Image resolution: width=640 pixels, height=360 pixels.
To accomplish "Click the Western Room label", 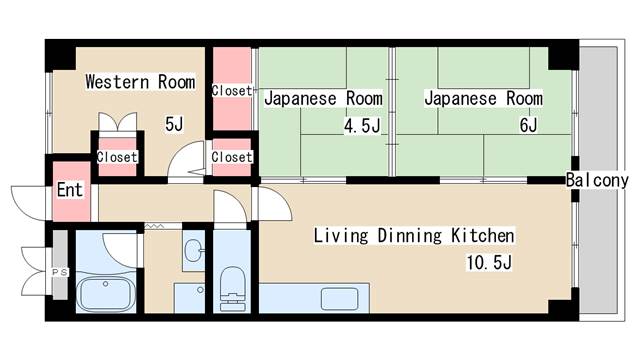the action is [140, 82].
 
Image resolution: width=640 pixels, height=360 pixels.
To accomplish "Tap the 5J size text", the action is [174, 124].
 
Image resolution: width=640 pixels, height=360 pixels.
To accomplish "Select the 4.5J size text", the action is [362, 126].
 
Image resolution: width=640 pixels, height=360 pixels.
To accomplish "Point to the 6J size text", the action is [529, 125].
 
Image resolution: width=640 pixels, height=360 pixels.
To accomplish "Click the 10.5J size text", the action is [489, 262].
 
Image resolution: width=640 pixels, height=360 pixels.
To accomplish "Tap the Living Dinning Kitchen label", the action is [414, 236].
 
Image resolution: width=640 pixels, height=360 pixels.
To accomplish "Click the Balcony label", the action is [597, 180].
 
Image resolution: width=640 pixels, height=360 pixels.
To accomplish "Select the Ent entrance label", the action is [70, 190].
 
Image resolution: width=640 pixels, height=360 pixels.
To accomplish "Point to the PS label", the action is [60, 272].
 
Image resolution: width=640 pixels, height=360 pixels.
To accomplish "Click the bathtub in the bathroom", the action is [106, 294].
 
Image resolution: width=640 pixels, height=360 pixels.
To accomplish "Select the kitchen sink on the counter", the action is [339, 299].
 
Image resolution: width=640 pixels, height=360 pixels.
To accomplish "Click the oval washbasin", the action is [193, 250].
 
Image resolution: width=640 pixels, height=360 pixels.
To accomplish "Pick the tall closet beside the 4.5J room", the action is [232, 89].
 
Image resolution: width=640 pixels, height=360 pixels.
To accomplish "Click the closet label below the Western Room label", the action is [117, 157].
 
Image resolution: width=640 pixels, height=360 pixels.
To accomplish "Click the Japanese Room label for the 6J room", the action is [484, 98].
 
